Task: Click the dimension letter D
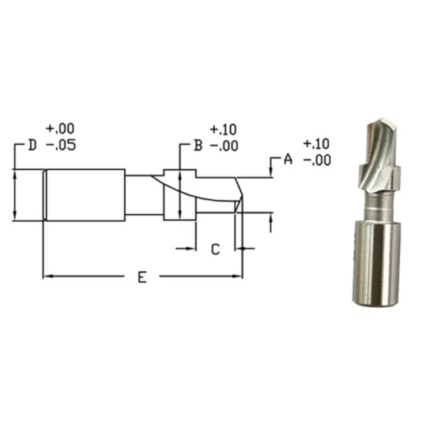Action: [x=32, y=146]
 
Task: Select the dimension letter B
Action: [x=199, y=146]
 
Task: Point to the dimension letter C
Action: [x=215, y=249]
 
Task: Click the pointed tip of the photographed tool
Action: [x=369, y=124]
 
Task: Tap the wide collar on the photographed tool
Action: [x=379, y=176]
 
